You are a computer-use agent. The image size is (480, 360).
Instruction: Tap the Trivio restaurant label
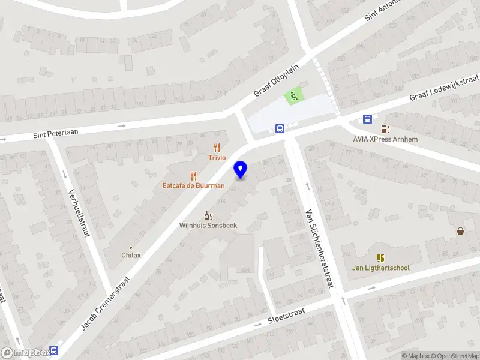[x=217, y=158]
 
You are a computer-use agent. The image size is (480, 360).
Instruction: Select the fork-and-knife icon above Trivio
[x=217, y=148]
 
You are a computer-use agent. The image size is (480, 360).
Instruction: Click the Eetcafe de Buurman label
[x=193, y=185]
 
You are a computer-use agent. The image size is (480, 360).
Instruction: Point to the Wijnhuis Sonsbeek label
[x=208, y=225]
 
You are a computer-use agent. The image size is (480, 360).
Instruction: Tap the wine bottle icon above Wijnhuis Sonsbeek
[x=208, y=215]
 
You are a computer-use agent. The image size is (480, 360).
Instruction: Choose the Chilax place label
[x=131, y=255]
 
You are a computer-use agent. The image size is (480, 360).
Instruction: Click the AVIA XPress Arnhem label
[x=385, y=139]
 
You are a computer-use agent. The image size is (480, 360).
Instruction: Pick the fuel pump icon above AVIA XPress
[x=385, y=129]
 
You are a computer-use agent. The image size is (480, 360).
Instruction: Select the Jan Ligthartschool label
[x=380, y=268]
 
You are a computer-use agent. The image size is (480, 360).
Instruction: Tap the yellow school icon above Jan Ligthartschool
[x=380, y=257]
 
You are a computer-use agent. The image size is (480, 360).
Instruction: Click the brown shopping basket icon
[x=460, y=230]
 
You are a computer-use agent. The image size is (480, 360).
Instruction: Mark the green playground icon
[x=292, y=95]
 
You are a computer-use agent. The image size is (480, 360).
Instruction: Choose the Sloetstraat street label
[x=286, y=317]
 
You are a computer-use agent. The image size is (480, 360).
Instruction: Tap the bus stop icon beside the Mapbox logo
[x=55, y=351]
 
